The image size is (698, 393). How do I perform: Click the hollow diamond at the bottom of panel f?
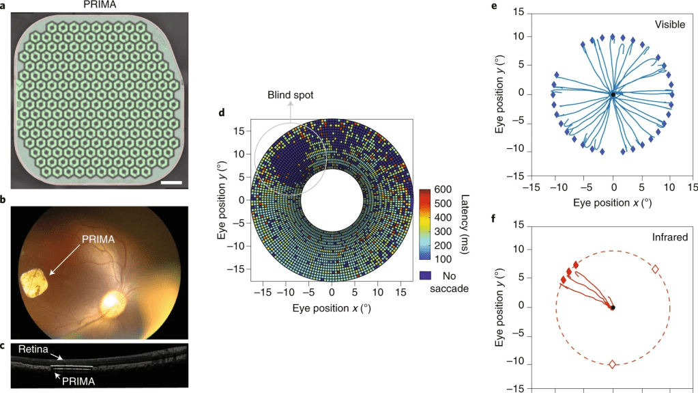(612, 364)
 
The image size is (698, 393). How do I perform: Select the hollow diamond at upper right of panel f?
(655, 269)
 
